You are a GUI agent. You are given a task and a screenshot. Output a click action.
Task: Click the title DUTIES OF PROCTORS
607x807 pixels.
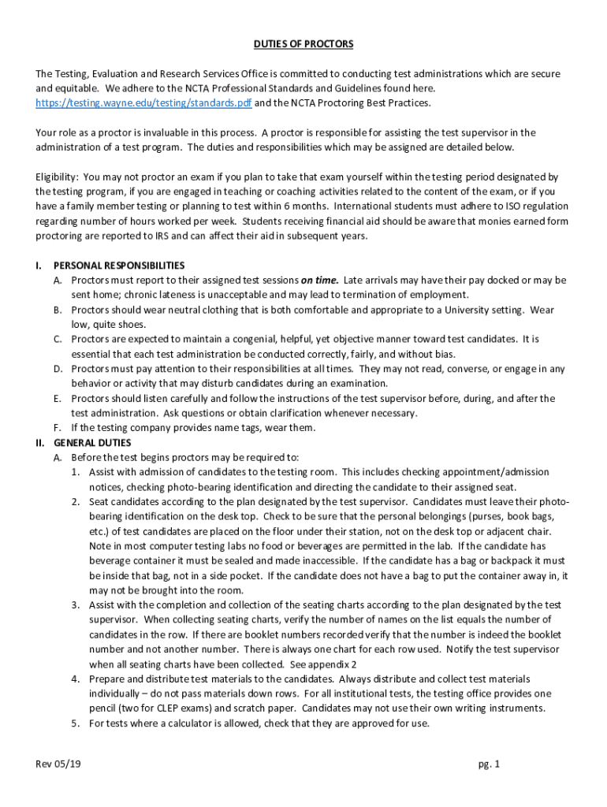click(303, 44)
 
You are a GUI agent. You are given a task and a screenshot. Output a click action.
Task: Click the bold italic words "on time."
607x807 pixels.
click(319, 281)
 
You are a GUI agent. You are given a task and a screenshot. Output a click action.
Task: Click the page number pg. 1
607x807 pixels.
click(490, 764)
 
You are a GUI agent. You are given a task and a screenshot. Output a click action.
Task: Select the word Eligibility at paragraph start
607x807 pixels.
click(56, 177)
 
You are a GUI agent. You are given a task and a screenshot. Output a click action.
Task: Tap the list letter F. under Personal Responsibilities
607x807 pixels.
click(58, 428)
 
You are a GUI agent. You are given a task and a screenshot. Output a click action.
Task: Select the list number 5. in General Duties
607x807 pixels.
click(76, 723)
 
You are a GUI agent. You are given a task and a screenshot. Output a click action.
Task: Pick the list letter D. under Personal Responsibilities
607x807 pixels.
click(58, 369)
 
